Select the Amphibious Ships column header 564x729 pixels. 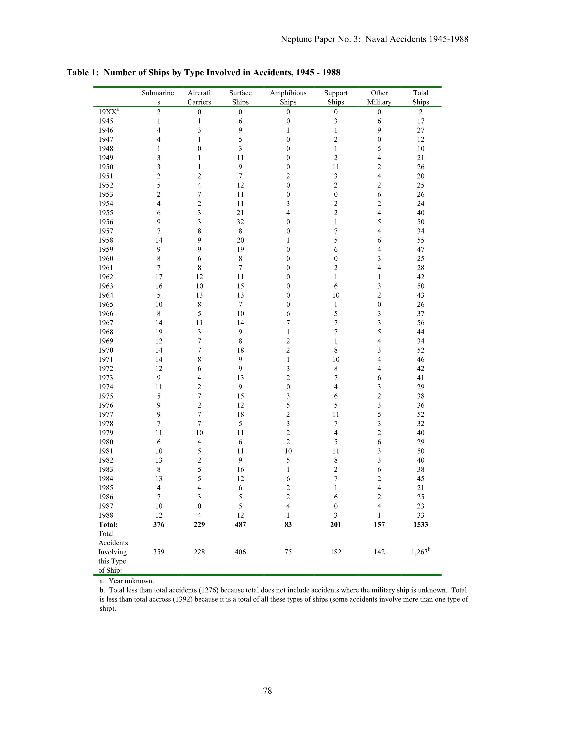(288, 97)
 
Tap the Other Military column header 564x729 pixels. (379, 97)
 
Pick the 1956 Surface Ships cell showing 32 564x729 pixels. (240, 222)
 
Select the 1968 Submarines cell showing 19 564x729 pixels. (159, 332)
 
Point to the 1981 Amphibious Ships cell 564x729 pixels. (288, 451)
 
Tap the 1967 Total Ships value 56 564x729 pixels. (420, 323)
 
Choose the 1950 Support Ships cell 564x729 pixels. (336, 167)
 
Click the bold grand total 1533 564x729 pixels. (420, 524)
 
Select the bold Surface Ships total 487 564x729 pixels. (240, 524)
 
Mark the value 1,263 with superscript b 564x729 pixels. (420, 552)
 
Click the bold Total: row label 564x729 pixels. (108, 524)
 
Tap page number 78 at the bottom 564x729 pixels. (268, 691)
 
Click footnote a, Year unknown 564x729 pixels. (127, 581)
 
